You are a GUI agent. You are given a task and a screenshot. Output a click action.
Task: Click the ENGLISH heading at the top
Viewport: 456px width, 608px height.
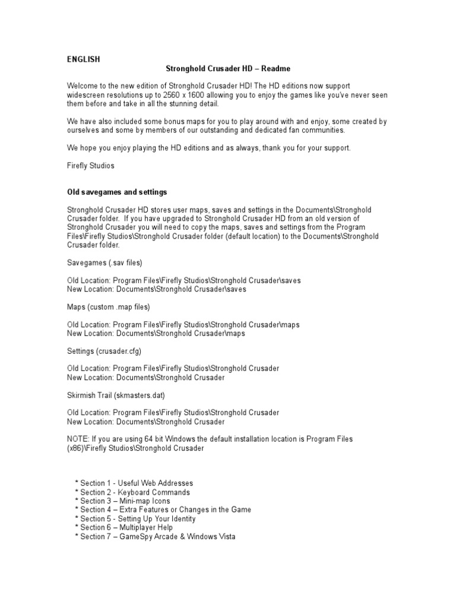(83, 59)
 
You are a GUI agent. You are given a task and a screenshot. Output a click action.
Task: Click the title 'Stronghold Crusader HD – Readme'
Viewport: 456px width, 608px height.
(228, 69)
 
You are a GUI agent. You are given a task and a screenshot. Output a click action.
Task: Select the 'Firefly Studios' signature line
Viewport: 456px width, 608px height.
(90, 166)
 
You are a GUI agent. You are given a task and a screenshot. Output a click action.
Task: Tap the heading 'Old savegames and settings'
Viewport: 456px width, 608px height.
(118, 192)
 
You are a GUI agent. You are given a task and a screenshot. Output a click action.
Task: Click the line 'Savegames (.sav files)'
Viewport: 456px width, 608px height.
(104, 262)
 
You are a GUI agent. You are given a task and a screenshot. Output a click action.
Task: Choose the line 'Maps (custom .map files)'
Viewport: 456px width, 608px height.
(109, 307)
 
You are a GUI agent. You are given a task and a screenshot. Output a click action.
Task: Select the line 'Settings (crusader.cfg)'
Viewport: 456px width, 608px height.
(104, 351)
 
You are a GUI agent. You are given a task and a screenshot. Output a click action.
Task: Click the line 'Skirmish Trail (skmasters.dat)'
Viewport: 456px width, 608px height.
(116, 395)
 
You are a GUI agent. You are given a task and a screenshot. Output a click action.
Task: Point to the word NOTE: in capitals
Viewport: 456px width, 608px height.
(78, 439)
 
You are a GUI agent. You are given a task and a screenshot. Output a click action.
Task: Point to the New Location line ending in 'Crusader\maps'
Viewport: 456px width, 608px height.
(156, 334)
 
